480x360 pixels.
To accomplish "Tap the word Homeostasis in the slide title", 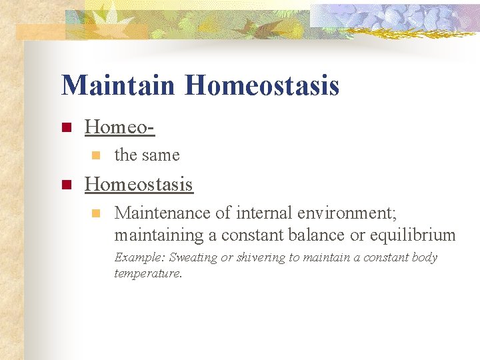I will [x=262, y=85].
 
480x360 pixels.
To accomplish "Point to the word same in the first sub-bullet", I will [x=161, y=155].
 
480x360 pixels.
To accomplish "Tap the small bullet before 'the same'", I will [x=95, y=155].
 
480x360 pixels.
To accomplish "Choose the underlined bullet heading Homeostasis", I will [x=139, y=184].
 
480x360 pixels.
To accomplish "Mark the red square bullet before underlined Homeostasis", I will [x=65, y=185].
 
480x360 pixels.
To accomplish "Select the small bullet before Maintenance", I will [x=95, y=214].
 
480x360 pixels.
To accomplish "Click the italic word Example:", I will [x=140, y=257].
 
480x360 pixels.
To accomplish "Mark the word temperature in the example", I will [x=147, y=273].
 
